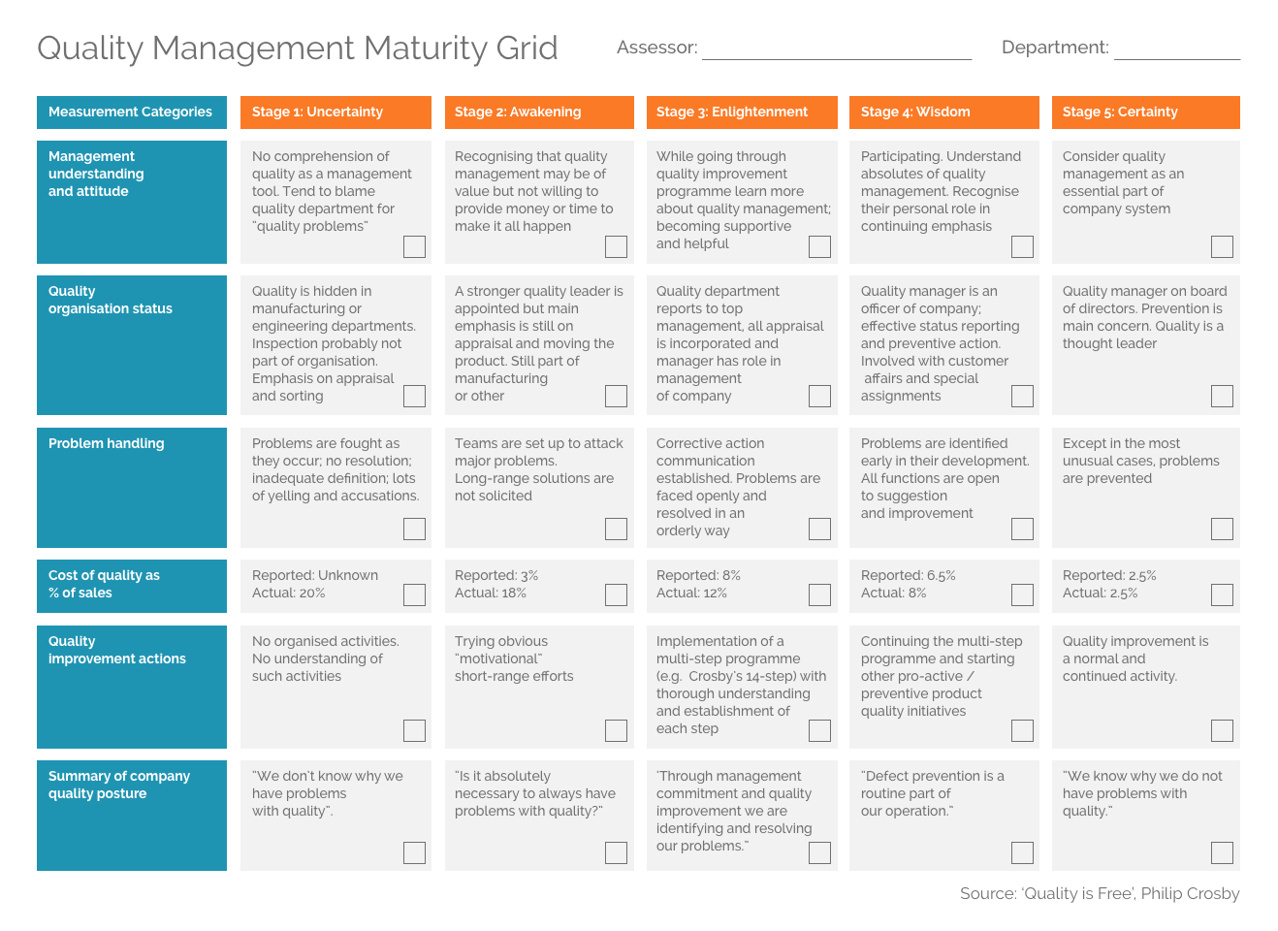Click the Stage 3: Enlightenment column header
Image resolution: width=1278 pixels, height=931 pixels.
coord(742,112)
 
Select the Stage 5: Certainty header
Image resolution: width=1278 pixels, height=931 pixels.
coord(1145,112)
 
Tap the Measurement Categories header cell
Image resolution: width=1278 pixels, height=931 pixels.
coord(131,112)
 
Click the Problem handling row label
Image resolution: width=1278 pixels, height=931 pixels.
coord(107,444)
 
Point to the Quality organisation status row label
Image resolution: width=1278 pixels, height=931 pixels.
coord(111,301)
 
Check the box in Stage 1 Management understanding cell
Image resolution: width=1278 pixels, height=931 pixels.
coord(414,246)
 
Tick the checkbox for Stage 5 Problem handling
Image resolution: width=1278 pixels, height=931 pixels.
coord(1222,529)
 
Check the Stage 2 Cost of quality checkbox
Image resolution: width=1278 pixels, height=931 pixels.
coord(616,594)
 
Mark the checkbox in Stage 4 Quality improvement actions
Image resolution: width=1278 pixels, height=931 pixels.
coord(1022,730)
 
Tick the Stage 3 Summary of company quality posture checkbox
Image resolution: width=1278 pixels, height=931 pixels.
coord(819,852)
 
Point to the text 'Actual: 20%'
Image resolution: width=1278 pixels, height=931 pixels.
coord(289,594)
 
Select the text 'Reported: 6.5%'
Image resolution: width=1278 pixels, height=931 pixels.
coord(908,576)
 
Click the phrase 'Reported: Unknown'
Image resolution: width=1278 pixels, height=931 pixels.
coord(315,576)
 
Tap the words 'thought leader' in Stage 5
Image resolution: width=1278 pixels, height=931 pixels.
coord(1109,343)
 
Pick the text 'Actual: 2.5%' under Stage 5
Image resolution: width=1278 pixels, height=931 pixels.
coord(1100,594)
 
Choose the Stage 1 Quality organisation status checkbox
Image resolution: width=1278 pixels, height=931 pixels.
coord(414,396)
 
